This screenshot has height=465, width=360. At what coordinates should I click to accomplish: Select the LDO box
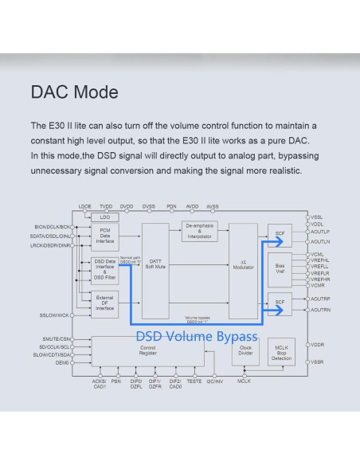pyautogui.click(x=105, y=217)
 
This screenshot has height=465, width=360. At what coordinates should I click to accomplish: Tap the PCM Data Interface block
pyautogui.click(x=105, y=235)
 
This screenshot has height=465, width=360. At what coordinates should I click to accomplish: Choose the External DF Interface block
pyautogui.click(x=105, y=302)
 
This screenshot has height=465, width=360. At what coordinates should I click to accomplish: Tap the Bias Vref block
pyautogui.click(x=280, y=268)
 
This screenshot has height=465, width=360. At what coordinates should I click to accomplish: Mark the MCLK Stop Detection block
pyautogui.click(x=280, y=352)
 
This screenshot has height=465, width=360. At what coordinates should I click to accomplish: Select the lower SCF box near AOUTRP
pyautogui.click(x=280, y=303)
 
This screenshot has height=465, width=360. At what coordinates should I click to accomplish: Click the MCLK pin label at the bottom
pyautogui.click(x=244, y=381)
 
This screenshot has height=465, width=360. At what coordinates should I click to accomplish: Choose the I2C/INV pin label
pyautogui.click(x=214, y=381)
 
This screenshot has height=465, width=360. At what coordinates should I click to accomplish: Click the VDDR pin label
pyautogui.click(x=318, y=345)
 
